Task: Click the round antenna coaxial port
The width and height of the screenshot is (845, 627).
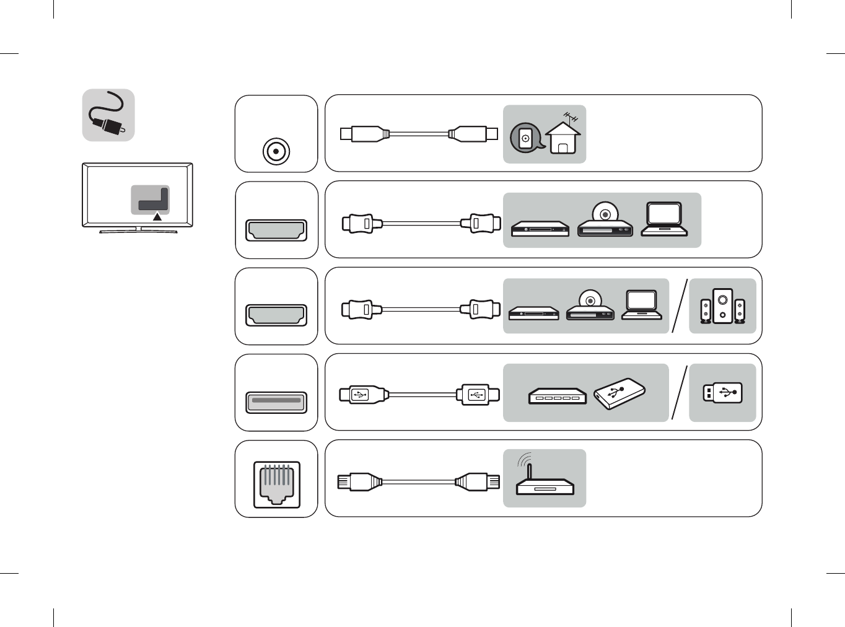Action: pyautogui.click(x=276, y=151)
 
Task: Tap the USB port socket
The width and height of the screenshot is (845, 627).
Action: pyautogui.click(x=276, y=402)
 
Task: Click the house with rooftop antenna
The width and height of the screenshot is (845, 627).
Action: pyautogui.click(x=563, y=136)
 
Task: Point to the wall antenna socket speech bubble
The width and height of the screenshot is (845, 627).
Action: pyautogui.click(x=525, y=138)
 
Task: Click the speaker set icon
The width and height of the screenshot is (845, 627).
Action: pyautogui.click(x=722, y=306)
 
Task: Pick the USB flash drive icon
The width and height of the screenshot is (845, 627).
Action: pyautogui.click(x=722, y=392)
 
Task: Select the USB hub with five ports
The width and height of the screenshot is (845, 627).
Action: pyautogui.click(x=557, y=396)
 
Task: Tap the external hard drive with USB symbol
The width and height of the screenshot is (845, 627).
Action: pyautogui.click(x=619, y=393)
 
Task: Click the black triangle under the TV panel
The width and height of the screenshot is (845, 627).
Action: pyautogui.click(x=157, y=217)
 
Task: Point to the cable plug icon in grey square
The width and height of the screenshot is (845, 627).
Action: pyautogui.click(x=108, y=115)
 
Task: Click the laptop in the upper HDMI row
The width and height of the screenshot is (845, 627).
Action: pyautogui.click(x=663, y=219)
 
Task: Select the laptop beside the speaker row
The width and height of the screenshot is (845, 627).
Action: pyautogui.click(x=641, y=305)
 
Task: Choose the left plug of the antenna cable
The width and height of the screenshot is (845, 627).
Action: pyautogui.click(x=365, y=133)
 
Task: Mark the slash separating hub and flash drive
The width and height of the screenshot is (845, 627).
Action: pyautogui.click(x=680, y=393)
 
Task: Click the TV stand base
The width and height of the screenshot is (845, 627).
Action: pyautogui.click(x=138, y=230)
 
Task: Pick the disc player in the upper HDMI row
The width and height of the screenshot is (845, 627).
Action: pyautogui.click(x=605, y=220)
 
